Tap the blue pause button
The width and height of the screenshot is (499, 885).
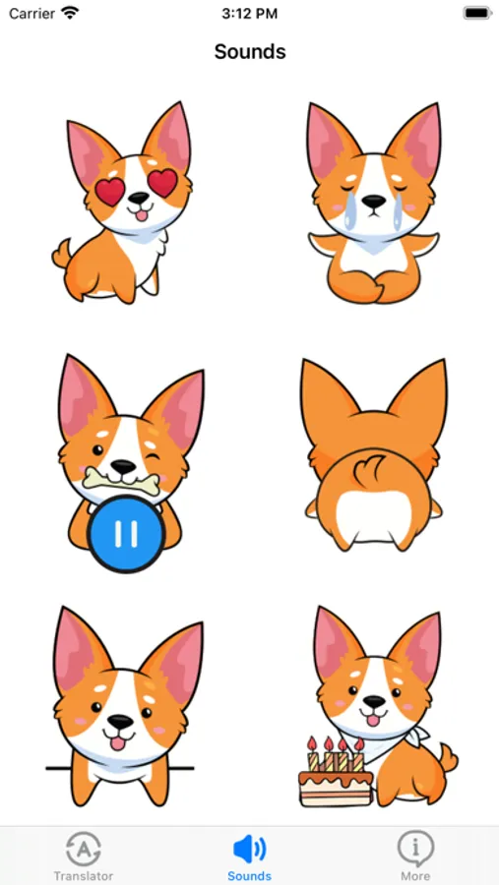click(125, 534)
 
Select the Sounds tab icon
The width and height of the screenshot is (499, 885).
click(249, 848)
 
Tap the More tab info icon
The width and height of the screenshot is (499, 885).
click(415, 847)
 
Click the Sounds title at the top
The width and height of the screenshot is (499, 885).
click(250, 51)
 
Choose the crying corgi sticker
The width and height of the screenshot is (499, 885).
click(373, 202)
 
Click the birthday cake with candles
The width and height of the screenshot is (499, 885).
click(336, 777)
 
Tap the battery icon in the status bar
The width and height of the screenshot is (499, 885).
click(476, 14)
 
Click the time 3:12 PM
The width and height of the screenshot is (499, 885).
click(249, 14)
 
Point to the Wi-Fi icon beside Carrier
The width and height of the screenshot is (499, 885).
click(69, 14)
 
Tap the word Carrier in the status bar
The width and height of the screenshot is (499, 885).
click(31, 14)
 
